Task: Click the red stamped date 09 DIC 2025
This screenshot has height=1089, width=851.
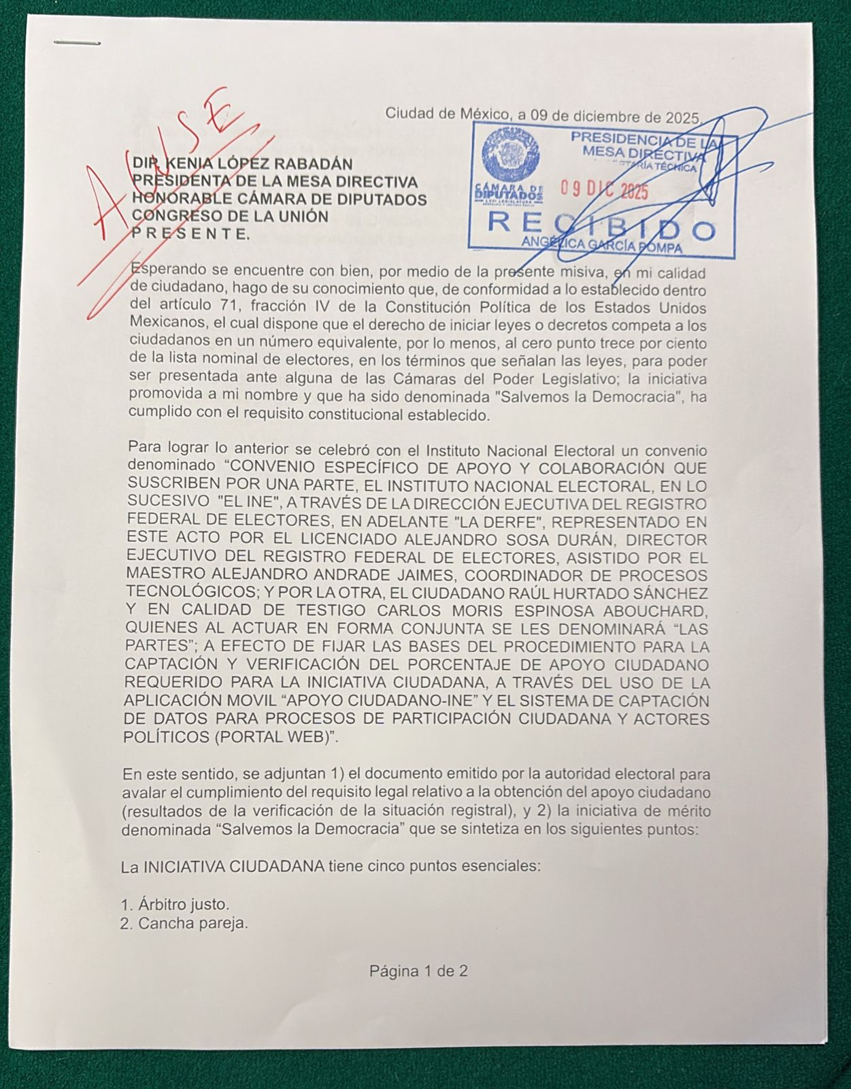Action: coord(604,190)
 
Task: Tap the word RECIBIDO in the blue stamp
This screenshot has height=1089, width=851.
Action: coord(601,226)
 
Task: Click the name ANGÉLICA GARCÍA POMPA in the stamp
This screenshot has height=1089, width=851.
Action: coord(601,246)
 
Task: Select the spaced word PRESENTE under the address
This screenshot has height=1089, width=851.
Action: coord(190,234)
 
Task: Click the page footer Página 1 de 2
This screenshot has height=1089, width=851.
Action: coord(418,971)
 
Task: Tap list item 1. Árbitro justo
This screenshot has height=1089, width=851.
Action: coord(176,905)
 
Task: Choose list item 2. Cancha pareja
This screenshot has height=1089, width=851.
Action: coord(184,924)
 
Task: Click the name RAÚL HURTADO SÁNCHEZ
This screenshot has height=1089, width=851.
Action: coord(610,594)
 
